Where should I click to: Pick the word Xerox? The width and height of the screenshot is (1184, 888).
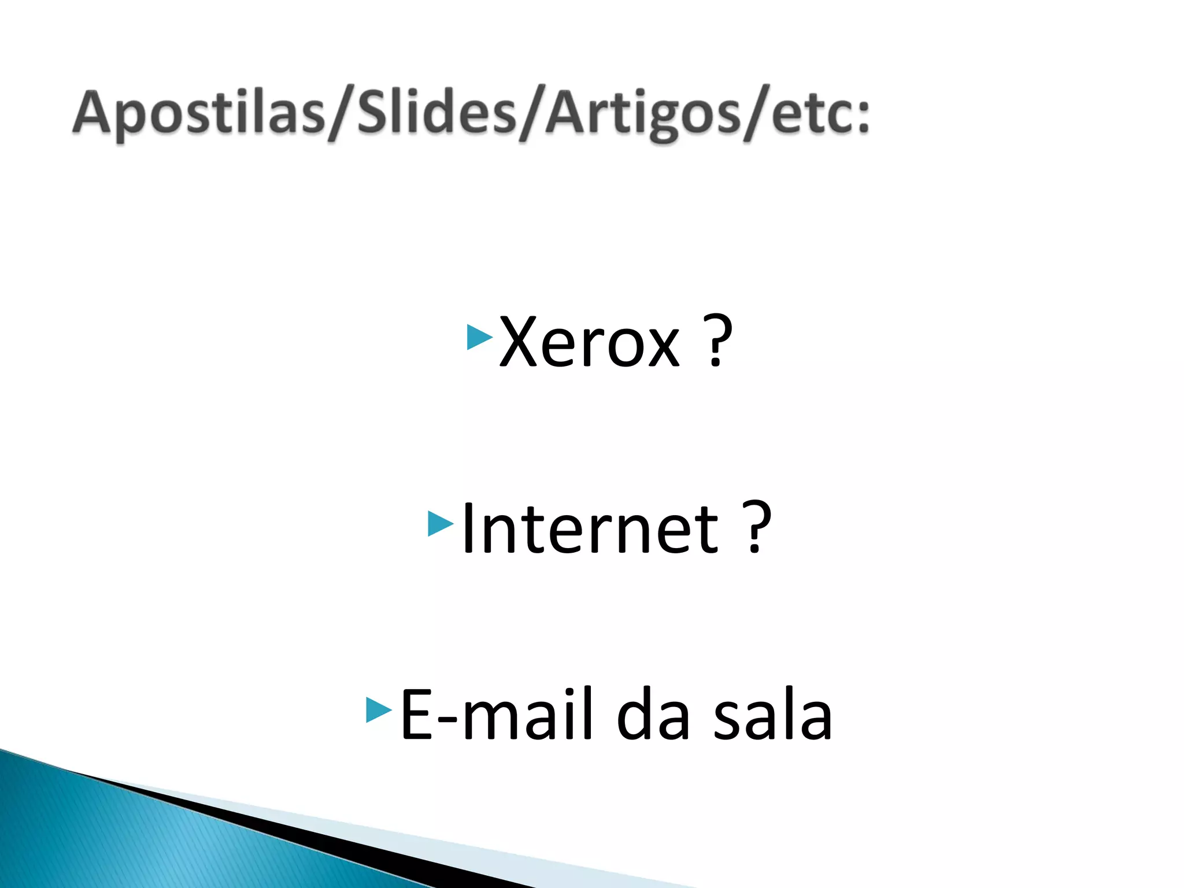[x=590, y=342]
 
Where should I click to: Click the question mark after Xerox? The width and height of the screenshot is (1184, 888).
[x=717, y=341]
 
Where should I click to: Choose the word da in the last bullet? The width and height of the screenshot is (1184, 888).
[x=653, y=715]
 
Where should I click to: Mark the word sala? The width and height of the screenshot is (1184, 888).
[x=772, y=715]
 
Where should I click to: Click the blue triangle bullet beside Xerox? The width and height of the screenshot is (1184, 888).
[x=479, y=337]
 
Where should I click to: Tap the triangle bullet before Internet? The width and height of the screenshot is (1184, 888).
[x=440, y=524]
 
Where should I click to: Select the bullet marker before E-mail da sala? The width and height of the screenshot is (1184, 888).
[x=379, y=710]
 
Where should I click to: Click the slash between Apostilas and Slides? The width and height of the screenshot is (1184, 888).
[x=341, y=113]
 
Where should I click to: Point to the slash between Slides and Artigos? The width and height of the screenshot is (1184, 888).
[x=531, y=113]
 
